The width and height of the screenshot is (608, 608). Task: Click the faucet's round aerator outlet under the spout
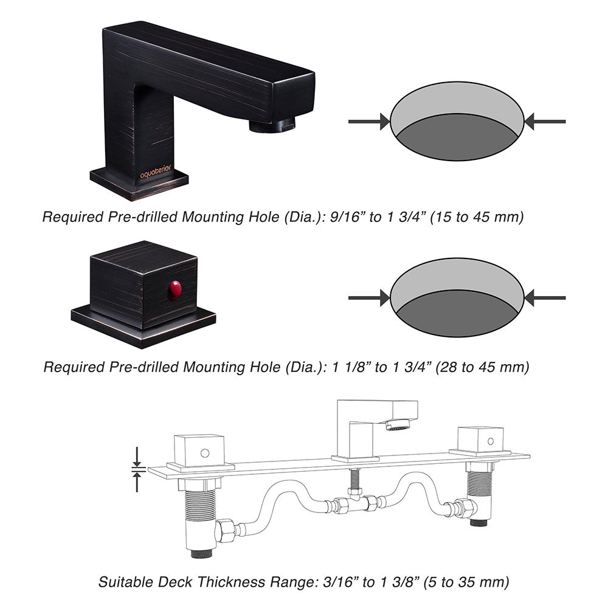(x=272, y=126)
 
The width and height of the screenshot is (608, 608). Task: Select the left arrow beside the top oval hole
(x=368, y=122)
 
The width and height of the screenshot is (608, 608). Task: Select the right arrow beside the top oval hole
(x=545, y=122)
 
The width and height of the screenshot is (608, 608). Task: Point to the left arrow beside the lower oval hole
(x=368, y=297)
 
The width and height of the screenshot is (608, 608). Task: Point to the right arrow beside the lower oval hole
(x=545, y=297)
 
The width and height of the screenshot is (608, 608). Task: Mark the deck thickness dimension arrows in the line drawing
(x=137, y=469)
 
